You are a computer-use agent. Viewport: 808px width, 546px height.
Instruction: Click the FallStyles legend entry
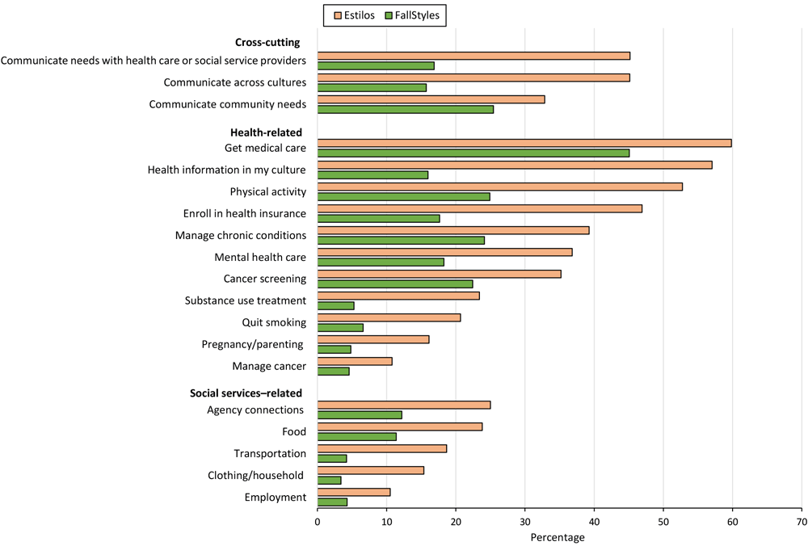pyautogui.click(x=416, y=14)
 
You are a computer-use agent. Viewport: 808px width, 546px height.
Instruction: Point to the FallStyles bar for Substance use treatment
pyautogui.click(x=335, y=305)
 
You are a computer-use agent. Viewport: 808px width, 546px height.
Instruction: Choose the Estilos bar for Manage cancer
pyautogui.click(x=355, y=361)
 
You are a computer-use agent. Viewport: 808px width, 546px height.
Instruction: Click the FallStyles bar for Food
pyautogui.click(x=356, y=436)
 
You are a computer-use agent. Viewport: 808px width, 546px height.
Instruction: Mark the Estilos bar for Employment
pyautogui.click(x=354, y=492)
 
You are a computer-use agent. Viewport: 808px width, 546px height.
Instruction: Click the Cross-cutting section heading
pyautogui.click(x=267, y=42)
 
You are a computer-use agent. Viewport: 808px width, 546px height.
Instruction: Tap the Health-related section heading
pyautogui.click(x=266, y=132)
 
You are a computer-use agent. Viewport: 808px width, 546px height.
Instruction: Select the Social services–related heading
pyautogui.click(x=246, y=393)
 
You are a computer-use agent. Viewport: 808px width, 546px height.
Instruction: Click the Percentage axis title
pyautogui.click(x=558, y=537)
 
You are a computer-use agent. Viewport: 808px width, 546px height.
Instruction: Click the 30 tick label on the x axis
pyautogui.click(x=525, y=522)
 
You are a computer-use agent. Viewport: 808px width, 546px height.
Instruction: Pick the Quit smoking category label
pyautogui.click(x=274, y=322)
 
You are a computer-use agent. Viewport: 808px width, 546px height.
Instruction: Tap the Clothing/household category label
pyautogui.click(x=256, y=476)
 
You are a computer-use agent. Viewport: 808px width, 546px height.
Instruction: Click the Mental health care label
pyautogui.click(x=260, y=257)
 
